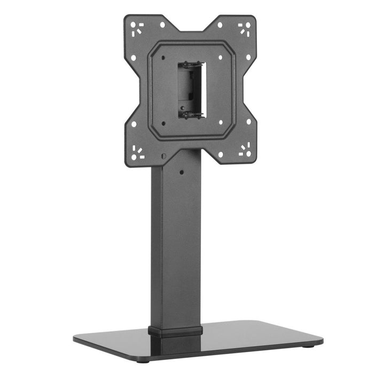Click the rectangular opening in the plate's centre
coord(191,89)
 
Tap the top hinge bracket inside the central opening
coord(191,65)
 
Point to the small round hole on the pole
coord(182,172)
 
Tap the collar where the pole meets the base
coord(175,330)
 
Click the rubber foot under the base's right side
coord(310,348)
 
